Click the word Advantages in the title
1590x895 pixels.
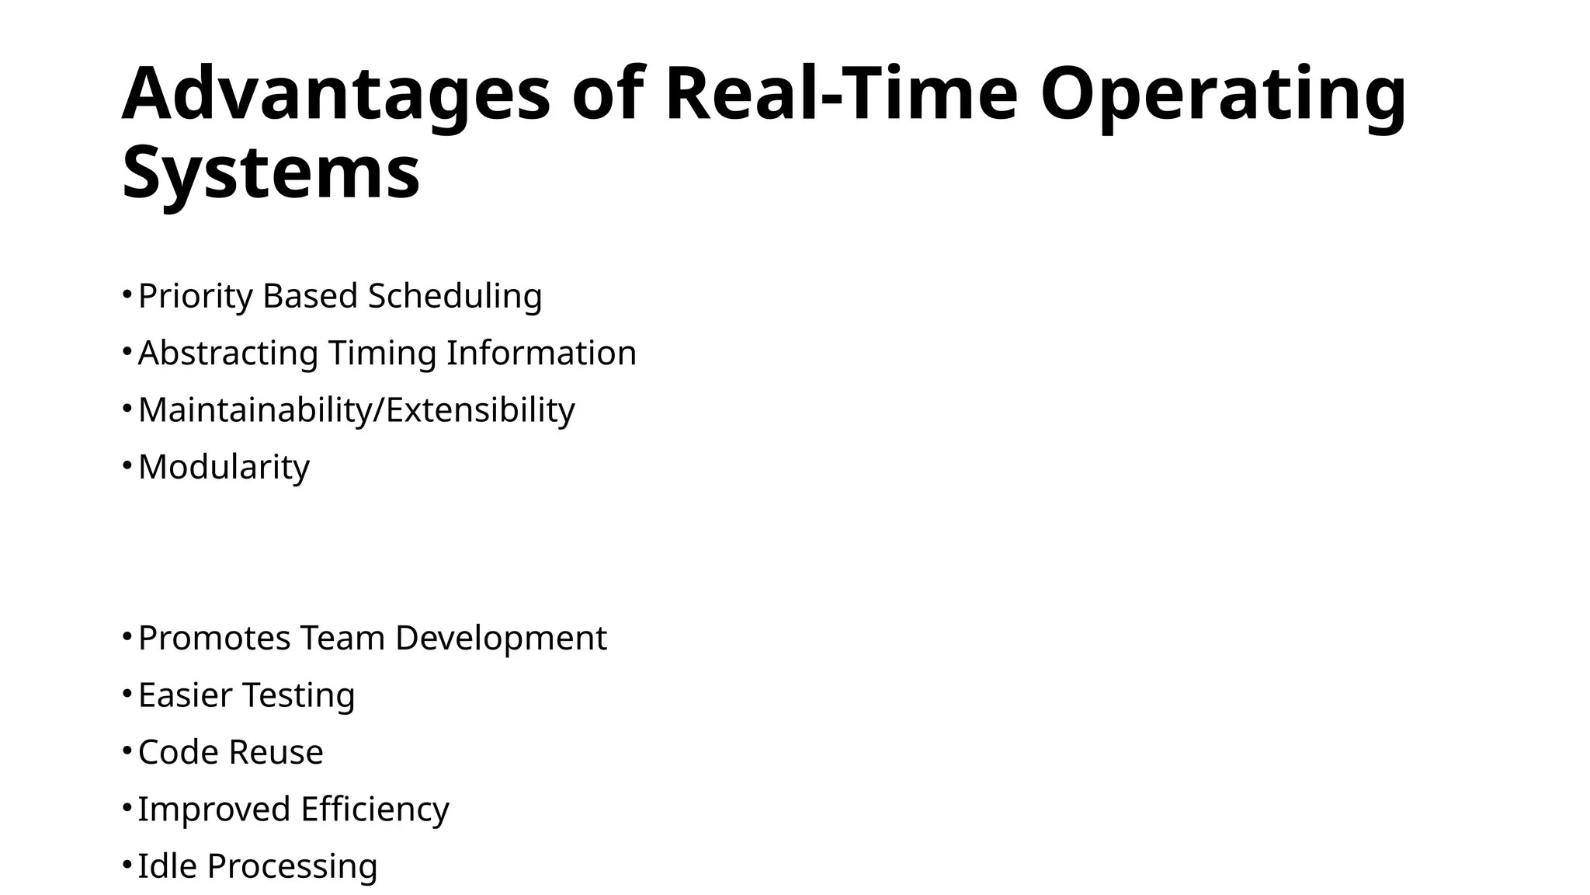click(x=335, y=95)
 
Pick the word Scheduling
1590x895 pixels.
click(x=455, y=296)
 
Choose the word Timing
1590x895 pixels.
click(x=383, y=353)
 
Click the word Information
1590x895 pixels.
click(x=541, y=353)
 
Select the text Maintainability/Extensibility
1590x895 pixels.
click(x=356, y=410)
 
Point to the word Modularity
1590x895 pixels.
click(x=224, y=467)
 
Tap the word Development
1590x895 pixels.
click(x=501, y=638)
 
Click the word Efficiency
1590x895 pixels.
click(x=375, y=809)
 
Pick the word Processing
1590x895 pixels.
click(x=292, y=865)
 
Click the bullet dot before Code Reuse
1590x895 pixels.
click(x=127, y=750)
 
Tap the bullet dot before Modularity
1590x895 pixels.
click(x=127, y=465)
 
